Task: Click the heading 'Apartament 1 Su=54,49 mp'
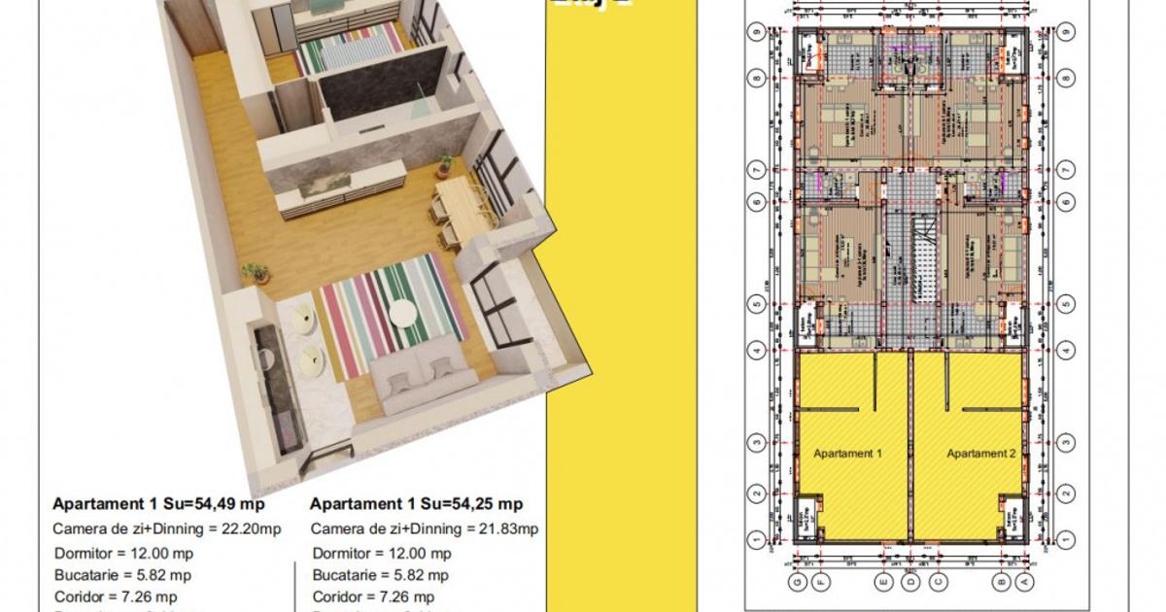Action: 158,504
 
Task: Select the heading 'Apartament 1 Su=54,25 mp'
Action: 416,504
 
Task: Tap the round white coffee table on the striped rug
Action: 403,314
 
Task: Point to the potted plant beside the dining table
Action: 445,162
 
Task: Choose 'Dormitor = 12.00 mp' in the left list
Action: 115,554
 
